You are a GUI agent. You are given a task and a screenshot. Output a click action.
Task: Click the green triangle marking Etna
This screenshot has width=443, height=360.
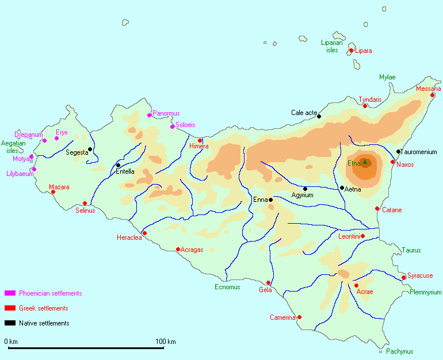364,162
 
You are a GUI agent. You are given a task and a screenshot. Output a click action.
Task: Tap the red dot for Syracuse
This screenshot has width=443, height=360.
404,278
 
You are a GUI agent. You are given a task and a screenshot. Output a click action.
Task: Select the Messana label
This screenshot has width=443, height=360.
428,89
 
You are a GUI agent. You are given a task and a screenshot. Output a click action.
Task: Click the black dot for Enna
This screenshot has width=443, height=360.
270,200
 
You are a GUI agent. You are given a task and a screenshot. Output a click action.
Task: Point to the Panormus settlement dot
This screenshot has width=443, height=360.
150,115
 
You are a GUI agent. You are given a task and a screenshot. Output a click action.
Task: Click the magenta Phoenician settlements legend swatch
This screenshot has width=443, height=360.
10,293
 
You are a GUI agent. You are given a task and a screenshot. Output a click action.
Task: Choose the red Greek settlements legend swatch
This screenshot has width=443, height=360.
10,308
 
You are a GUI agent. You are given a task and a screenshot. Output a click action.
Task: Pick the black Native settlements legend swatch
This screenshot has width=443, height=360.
10,323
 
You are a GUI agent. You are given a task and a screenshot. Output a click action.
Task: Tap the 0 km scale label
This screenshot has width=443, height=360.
11,342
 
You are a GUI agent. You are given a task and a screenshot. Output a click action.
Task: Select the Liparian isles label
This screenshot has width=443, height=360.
332,46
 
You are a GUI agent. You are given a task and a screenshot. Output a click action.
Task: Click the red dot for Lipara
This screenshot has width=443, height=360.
351,51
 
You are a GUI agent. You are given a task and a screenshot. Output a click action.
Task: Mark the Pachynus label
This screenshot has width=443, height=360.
399,351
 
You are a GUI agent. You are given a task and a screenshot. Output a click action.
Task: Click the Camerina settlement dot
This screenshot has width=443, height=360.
299,317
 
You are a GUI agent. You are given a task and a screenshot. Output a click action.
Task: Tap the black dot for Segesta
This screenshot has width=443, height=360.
90,149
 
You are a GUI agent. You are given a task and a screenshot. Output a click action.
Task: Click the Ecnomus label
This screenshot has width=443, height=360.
227,287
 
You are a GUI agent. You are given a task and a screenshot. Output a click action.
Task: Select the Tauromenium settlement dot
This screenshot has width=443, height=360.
398,152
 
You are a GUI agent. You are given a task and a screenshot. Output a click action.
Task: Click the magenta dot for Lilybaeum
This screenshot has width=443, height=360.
34,169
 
